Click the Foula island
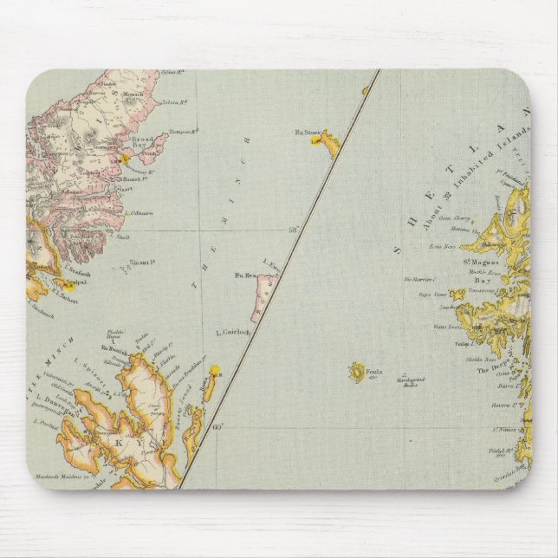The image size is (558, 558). click(x=356, y=373)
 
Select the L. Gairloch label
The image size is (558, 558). click(x=232, y=332)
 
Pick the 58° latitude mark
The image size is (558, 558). click(x=293, y=229)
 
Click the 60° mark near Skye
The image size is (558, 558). click(x=218, y=425)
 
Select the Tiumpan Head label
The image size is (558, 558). click(x=179, y=131)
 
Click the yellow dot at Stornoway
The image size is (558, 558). click(x=126, y=159)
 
